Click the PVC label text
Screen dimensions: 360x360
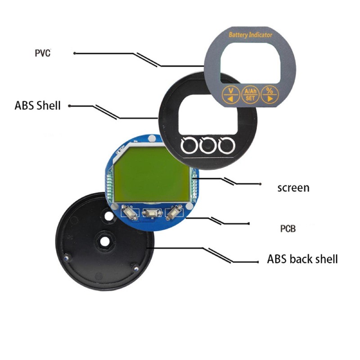click(42, 53)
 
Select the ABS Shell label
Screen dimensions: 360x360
click(37, 106)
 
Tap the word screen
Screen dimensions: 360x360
click(293, 188)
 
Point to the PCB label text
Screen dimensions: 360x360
click(288, 229)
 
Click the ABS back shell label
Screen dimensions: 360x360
click(302, 259)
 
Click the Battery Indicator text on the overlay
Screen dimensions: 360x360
click(251, 35)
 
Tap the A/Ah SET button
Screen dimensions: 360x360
click(250, 94)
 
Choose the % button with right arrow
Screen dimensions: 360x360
click(270, 94)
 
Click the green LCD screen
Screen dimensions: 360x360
click(151, 175)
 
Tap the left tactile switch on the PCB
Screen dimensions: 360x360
click(129, 212)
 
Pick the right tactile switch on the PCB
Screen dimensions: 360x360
click(174, 212)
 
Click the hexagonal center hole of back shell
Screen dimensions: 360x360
click(105, 241)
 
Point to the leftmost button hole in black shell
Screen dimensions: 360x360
click(189, 145)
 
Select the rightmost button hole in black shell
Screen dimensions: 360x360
click(226, 145)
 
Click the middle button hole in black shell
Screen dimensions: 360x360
click(208, 145)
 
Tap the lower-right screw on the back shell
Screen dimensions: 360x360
click(136, 268)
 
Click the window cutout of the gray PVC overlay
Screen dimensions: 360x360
click(250, 63)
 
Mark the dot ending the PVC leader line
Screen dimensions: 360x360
click(74, 53)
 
